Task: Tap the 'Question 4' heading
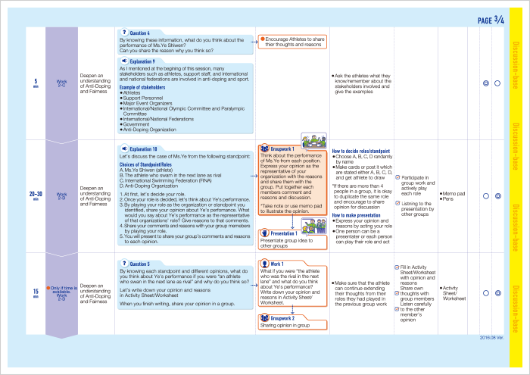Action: point(139,33)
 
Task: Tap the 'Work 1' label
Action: point(276,264)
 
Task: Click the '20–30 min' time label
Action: point(36,196)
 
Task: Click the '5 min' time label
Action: point(36,83)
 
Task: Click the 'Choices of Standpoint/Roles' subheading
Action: point(151,164)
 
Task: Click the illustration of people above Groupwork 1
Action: point(312,141)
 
